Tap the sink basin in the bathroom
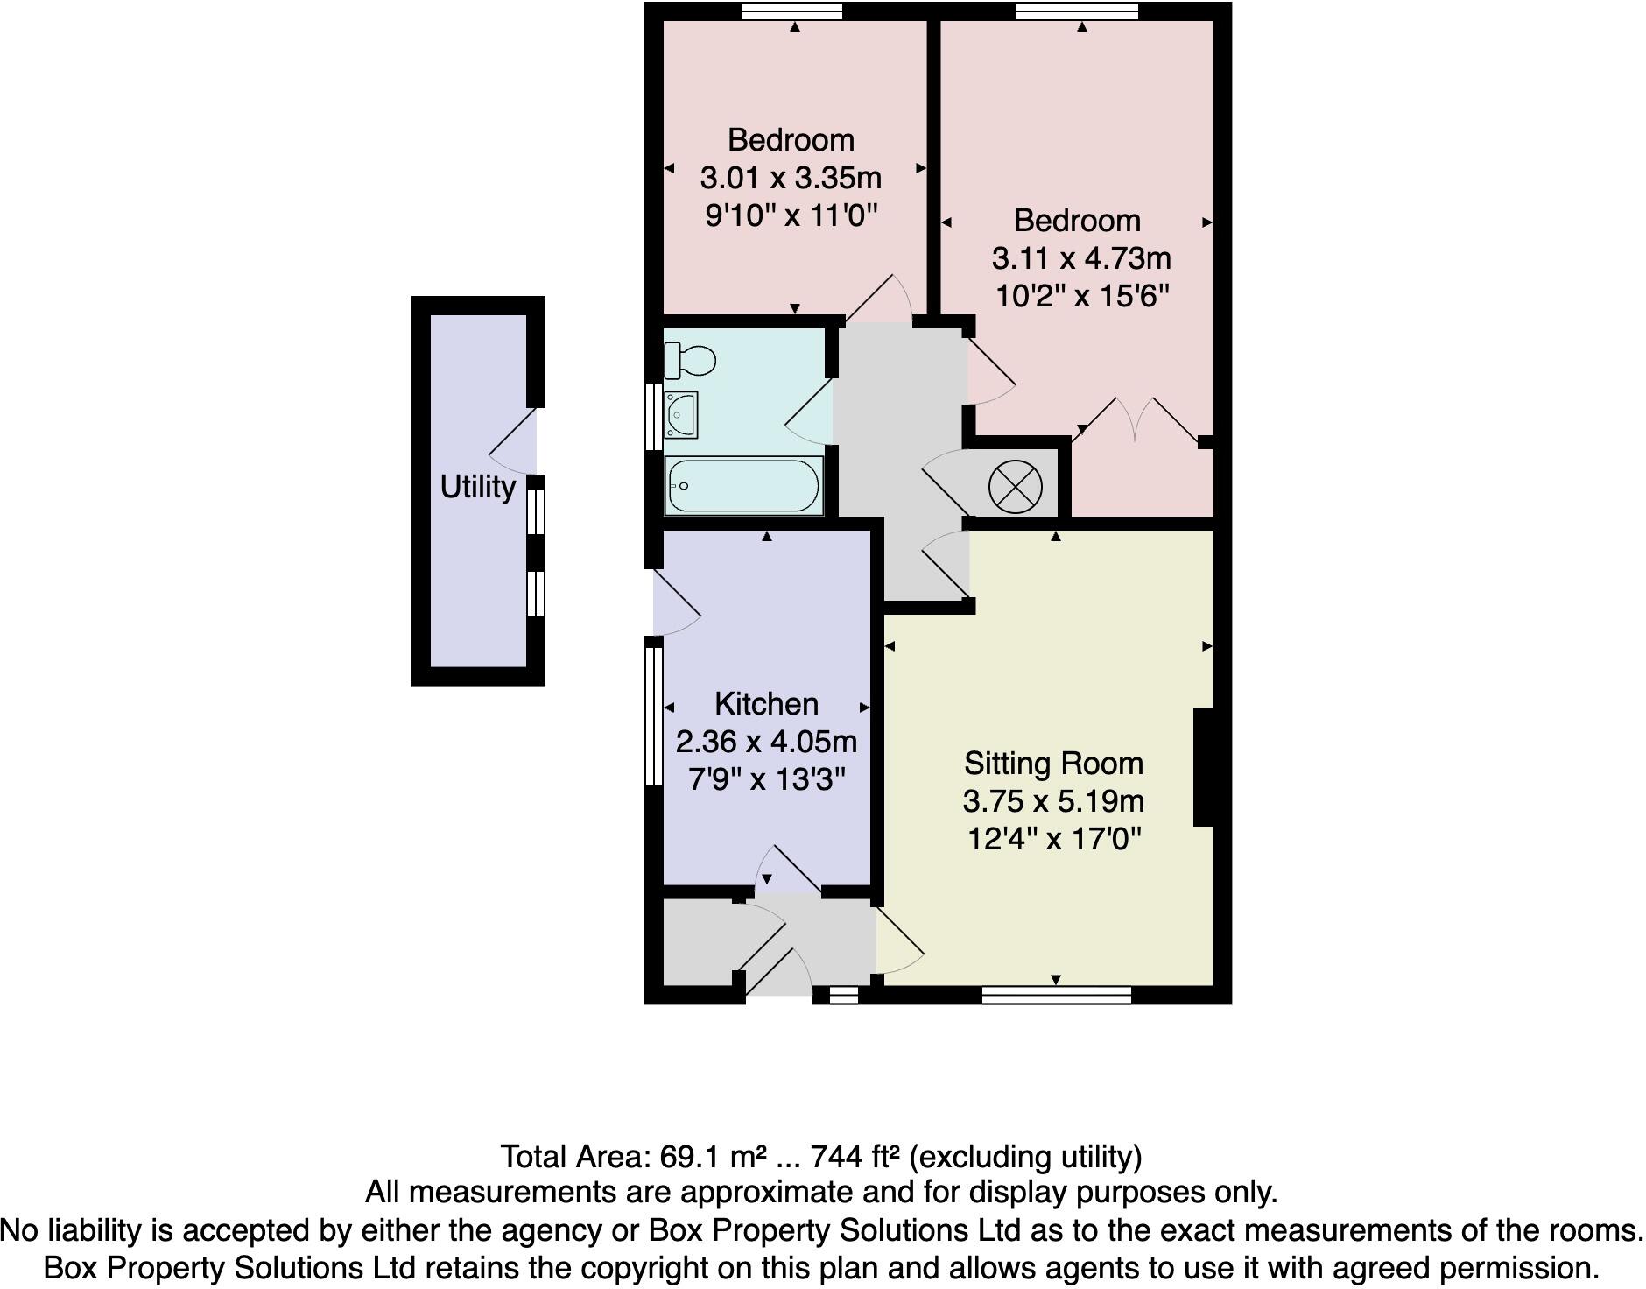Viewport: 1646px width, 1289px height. point(680,414)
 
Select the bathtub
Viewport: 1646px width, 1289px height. point(742,485)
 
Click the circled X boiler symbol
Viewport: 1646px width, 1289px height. point(1015,485)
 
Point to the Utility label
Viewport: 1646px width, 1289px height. point(477,487)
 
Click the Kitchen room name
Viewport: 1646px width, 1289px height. point(766,704)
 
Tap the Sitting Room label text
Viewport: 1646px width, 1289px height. point(1053,764)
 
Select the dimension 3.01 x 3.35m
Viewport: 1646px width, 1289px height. point(791,178)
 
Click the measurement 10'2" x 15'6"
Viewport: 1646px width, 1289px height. point(1082,296)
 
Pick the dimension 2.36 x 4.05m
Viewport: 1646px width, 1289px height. point(766,742)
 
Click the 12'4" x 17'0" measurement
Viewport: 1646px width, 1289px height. point(1054,839)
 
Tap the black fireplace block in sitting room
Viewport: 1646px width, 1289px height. point(1204,767)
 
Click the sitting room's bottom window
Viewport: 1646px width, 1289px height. point(1056,994)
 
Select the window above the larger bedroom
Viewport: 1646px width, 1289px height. point(1076,11)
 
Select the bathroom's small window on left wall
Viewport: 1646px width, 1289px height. point(653,416)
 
